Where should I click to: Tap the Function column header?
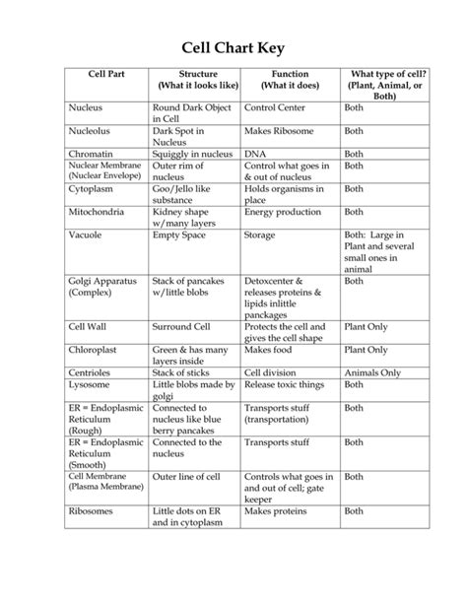290,74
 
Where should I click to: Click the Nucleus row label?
89,104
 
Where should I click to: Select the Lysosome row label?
92,385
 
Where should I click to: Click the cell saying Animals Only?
372,373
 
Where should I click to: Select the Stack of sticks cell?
185,373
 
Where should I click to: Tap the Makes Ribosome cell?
280,129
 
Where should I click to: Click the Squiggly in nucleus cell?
191,154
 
